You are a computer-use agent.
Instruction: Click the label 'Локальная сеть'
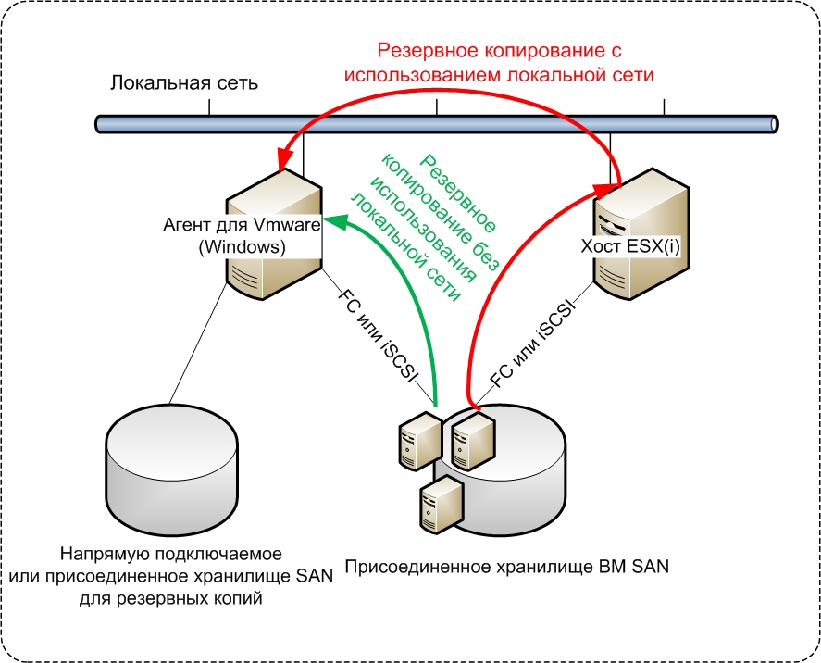183,84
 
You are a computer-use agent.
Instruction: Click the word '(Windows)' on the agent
242,247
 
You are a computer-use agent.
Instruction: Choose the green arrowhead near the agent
339,220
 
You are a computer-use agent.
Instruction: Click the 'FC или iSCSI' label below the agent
380,337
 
